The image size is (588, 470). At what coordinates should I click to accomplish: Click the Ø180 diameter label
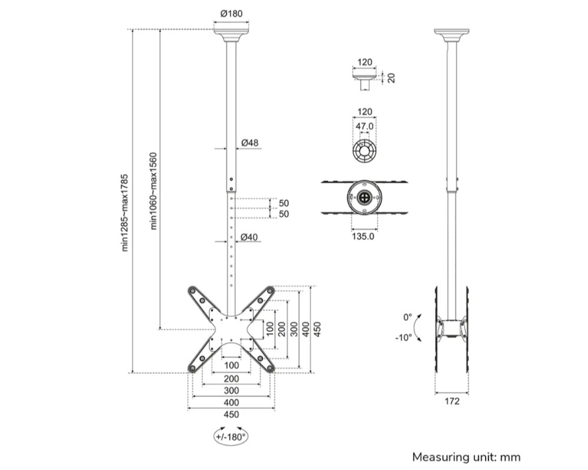point(231,14)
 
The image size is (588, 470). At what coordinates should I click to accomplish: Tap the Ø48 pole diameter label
point(250,143)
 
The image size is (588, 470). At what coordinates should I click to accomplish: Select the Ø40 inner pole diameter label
point(250,237)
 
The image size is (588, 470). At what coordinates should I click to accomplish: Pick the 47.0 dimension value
point(365,126)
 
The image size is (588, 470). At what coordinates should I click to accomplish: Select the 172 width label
point(452,402)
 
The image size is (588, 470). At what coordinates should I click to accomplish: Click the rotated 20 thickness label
point(391,78)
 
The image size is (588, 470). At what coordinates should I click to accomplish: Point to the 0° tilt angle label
point(407,317)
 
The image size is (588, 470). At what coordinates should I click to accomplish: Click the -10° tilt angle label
point(404,338)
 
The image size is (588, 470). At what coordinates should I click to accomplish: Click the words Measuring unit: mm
point(466,456)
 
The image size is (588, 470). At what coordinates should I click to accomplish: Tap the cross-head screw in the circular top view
point(365,198)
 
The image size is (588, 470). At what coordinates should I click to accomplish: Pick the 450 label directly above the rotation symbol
point(231,414)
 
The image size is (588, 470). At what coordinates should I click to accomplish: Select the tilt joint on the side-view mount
point(452,328)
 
